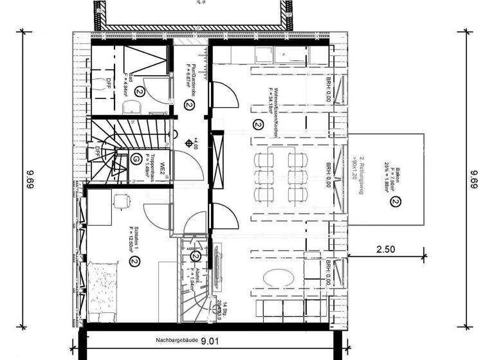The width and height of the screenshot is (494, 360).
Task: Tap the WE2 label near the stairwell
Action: click(163, 169)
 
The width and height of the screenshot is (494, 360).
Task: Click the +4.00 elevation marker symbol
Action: click(187, 142)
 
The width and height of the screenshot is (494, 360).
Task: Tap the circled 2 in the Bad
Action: click(138, 93)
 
